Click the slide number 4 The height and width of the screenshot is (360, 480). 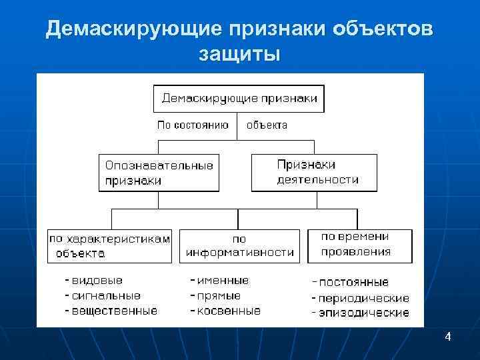[448, 337]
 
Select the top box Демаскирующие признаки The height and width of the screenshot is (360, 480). [239, 99]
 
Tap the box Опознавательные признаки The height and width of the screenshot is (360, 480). [159, 173]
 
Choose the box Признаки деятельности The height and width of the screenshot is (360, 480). [314, 173]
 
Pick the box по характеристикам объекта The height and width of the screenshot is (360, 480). [109, 245]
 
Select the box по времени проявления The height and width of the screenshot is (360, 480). [359, 244]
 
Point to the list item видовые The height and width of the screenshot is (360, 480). [97, 281]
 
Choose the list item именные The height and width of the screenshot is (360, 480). [223, 281]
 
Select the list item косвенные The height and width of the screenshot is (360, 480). [229, 311]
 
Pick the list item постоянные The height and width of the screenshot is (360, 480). [353, 283]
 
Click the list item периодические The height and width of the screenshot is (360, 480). [364, 298]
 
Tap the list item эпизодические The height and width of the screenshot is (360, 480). [364, 313]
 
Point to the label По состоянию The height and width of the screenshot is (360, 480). [193, 125]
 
